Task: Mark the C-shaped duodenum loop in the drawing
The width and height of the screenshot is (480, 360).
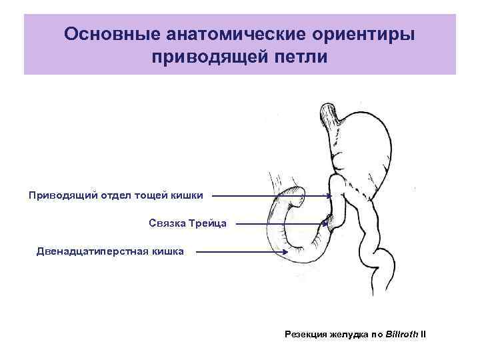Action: (274, 227)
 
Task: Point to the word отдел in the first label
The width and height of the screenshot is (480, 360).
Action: (115, 195)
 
